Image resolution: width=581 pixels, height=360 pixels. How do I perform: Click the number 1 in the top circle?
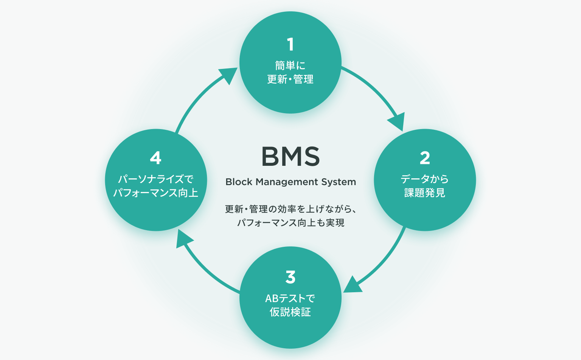[x=290, y=44]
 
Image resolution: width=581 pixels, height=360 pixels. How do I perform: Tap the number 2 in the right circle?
[x=425, y=158]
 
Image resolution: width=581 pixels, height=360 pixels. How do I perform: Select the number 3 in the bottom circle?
[x=290, y=277]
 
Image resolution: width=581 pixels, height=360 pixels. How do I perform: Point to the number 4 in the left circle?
[x=155, y=158]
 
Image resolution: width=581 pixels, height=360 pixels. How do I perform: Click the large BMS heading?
[x=290, y=157]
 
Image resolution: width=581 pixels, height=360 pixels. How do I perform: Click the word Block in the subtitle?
[x=239, y=182]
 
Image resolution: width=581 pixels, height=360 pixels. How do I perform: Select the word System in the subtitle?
[x=339, y=182]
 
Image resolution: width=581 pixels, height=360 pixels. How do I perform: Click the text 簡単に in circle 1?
[x=290, y=65]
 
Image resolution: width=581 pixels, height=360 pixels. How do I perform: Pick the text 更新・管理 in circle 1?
[x=290, y=79]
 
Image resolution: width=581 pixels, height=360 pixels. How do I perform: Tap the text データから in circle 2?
[x=424, y=179]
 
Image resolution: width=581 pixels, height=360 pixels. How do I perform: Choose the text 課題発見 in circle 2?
[x=424, y=193]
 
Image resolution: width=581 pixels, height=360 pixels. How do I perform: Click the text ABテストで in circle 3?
[x=290, y=298]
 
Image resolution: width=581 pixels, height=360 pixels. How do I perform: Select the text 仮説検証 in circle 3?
[x=290, y=312]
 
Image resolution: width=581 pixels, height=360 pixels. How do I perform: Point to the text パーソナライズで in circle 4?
[x=155, y=179]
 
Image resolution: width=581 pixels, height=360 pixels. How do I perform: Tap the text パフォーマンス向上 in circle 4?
[x=155, y=193]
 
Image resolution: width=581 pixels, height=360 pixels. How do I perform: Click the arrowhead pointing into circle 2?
[x=397, y=122]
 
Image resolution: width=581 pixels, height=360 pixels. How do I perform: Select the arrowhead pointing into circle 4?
[x=183, y=240]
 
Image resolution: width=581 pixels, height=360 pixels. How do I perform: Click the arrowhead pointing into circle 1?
[x=228, y=75]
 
